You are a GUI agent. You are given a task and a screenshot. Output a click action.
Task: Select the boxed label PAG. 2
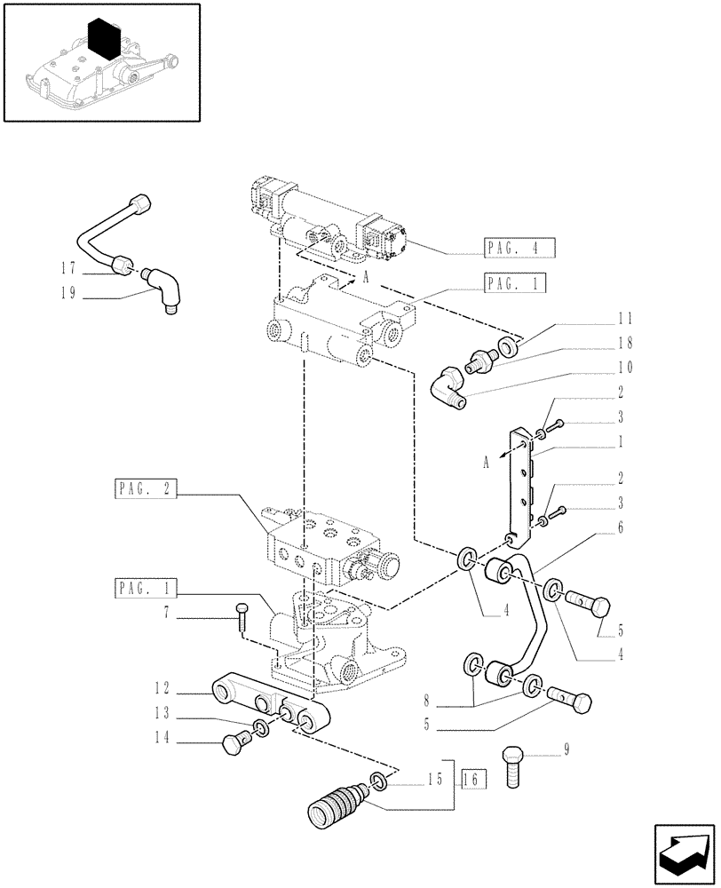pos(147,488)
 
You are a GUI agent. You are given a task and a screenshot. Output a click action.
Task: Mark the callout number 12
pos(161,687)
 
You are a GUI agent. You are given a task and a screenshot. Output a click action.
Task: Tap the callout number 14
pos(161,736)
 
